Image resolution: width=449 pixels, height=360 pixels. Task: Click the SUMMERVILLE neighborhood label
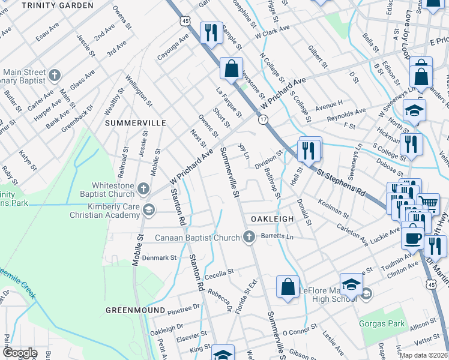136,122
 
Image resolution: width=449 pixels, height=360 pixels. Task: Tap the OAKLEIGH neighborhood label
272,219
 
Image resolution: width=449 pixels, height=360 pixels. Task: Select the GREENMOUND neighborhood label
136,310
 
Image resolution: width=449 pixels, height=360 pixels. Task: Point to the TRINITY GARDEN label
58,5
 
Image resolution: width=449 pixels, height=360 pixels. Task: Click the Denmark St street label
158,257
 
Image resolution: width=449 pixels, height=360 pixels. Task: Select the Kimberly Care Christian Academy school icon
148,210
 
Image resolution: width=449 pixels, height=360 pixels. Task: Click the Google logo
20,353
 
